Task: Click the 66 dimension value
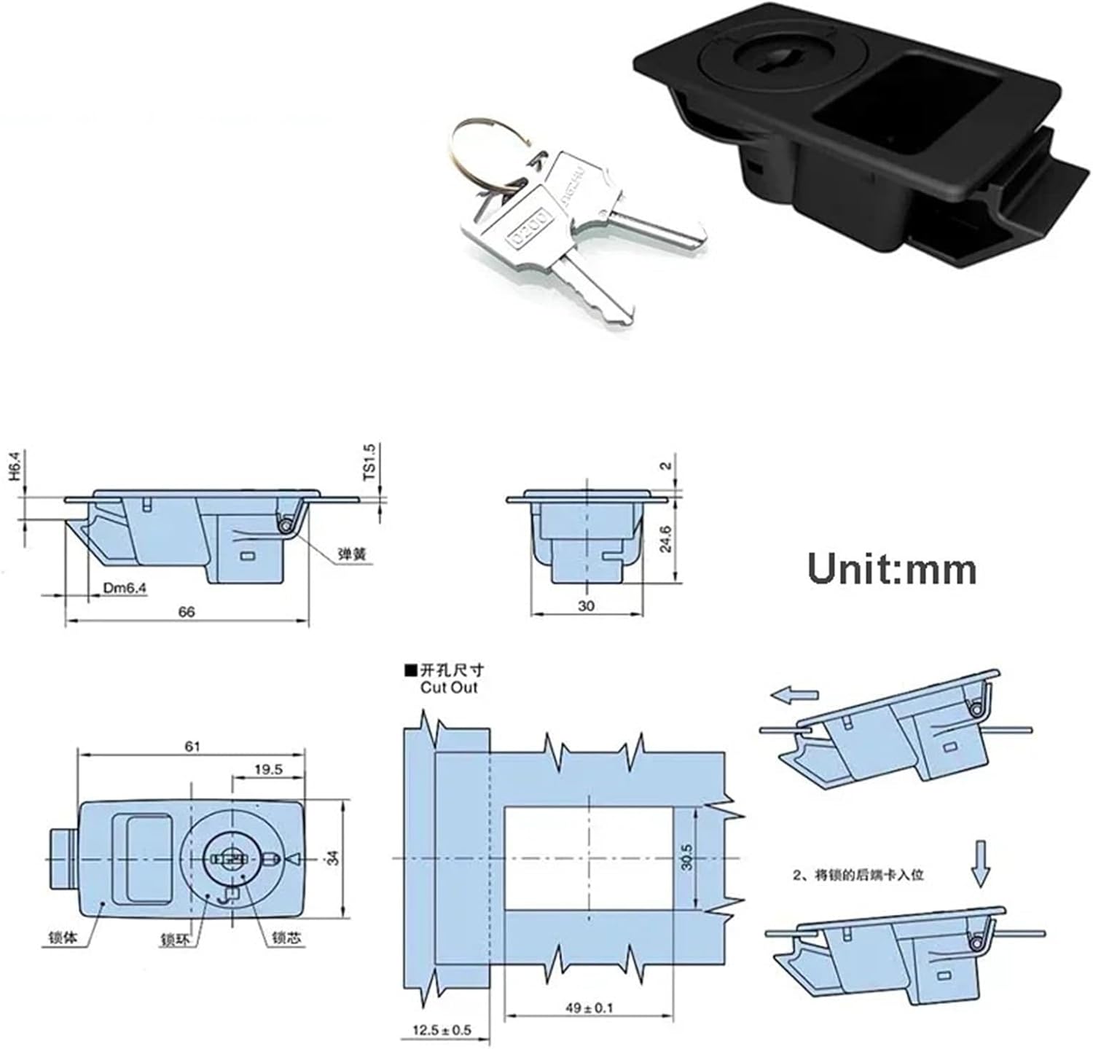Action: tap(187, 612)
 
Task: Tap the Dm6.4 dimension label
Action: tap(120, 587)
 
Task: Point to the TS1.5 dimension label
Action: tap(369, 462)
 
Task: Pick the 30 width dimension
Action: tap(586, 605)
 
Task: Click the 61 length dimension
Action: tap(192, 746)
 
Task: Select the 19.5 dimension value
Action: tap(268, 769)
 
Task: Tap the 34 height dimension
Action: tap(333, 858)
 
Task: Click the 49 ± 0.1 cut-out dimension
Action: tap(589, 1007)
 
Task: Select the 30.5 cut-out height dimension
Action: tap(686, 858)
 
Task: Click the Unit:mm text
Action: tap(892, 569)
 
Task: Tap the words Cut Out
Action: tap(449, 688)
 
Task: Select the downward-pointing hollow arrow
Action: tap(981, 863)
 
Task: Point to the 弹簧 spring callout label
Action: tap(352, 555)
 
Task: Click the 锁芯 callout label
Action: tap(286, 939)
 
